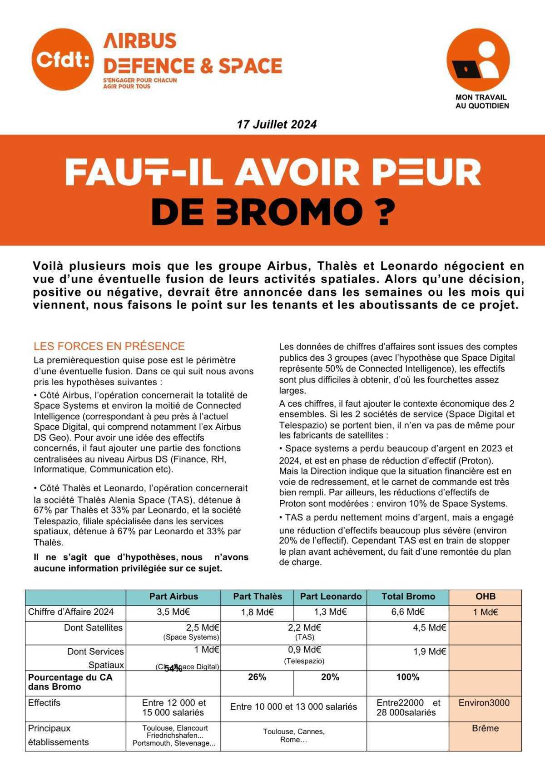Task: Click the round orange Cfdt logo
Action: pos(63,60)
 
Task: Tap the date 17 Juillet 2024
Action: pos(277,124)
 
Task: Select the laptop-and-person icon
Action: pos(478,60)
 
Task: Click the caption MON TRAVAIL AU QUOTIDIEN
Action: pos(482,101)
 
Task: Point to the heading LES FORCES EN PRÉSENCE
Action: pos(109,346)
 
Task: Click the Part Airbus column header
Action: pos(173,597)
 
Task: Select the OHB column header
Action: pos(485,597)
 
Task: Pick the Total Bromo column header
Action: pos(408,597)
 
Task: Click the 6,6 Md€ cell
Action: pos(408,612)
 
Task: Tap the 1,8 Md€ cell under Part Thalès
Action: pos(257,612)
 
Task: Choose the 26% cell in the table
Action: pos(257,677)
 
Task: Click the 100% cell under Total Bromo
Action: pos(408,677)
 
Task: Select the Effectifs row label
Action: pos(45,703)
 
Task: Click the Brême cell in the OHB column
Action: pos(485,728)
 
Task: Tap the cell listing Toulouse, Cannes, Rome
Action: pos(293,735)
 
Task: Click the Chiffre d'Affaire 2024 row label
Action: pos(71,612)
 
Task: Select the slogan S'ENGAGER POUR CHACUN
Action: pos(140,80)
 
